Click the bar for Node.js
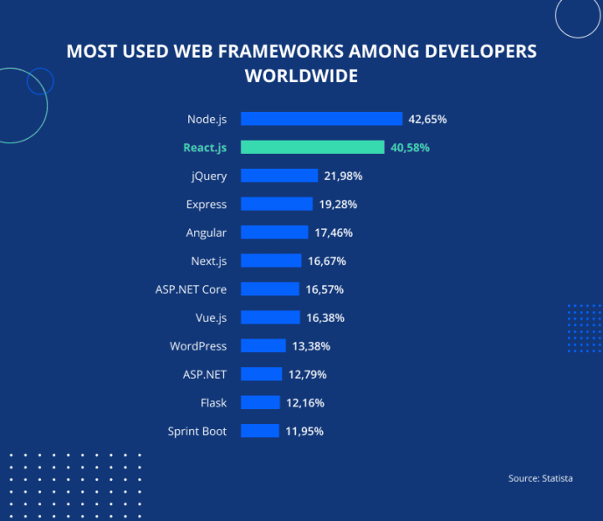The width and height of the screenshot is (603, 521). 321,119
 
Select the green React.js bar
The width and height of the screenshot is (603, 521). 312,147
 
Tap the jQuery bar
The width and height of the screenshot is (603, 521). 279,176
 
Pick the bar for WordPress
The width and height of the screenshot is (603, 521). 263,346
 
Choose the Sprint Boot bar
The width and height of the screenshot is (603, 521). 260,431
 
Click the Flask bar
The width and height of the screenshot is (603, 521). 261,402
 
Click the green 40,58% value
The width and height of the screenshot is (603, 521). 410,148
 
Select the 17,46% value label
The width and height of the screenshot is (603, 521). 333,233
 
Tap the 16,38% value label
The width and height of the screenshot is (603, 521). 326,317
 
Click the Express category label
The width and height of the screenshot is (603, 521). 207,205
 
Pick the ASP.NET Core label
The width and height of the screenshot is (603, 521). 191,289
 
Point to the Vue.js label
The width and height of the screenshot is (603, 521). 211,317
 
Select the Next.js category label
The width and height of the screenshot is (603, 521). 209,260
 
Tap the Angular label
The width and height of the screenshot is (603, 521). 207,233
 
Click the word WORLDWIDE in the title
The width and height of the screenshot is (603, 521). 301,76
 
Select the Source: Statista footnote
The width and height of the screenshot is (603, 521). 540,478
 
